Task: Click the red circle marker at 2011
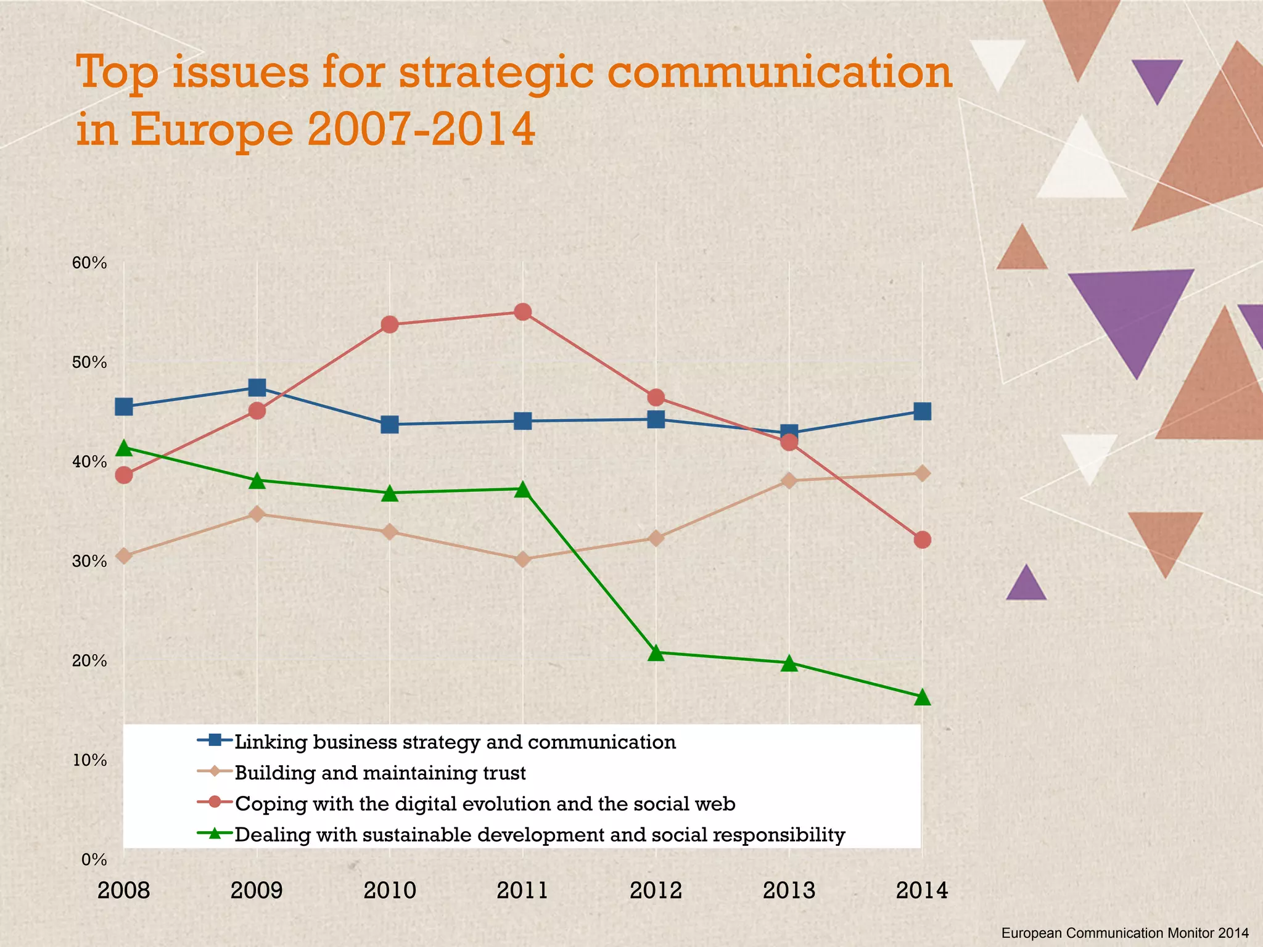[x=523, y=312]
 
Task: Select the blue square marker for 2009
[x=257, y=388]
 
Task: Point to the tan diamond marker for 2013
[x=789, y=481]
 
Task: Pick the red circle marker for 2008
[x=124, y=475]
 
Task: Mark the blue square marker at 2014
[x=922, y=411]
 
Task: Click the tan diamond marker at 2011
[x=523, y=560]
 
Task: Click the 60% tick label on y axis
[x=90, y=263]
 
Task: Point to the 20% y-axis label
[x=90, y=661]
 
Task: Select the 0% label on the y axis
[x=94, y=859]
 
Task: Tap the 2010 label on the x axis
[x=390, y=891]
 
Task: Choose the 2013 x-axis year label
[x=789, y=891]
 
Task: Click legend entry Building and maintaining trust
[x=381, y=773]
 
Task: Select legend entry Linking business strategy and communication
[x=455, y=742]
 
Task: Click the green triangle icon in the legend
[x=215, y=834]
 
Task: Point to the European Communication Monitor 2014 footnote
[x=1125, y=933]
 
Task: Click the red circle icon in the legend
[x=215, y=803]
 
